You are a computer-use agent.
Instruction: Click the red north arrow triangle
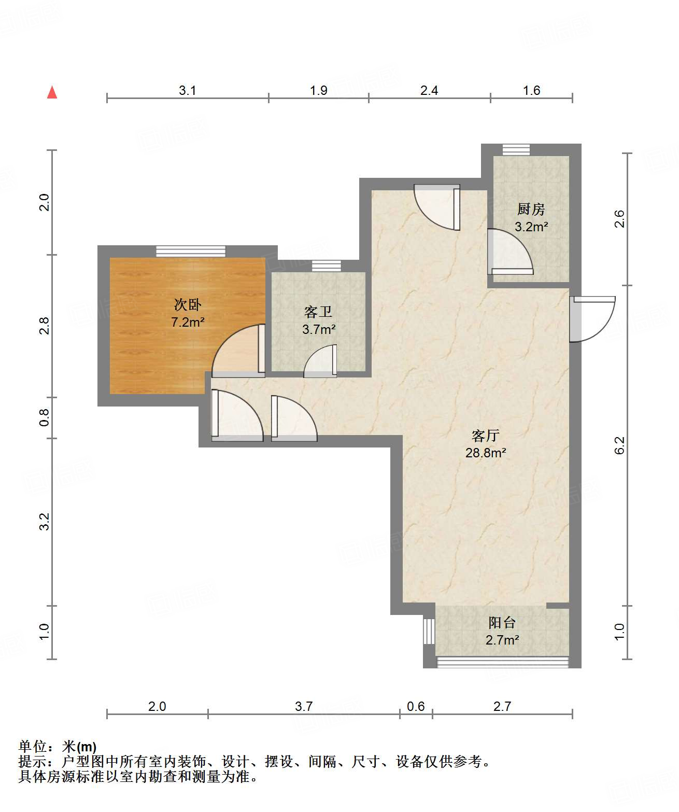(x=52, y=92)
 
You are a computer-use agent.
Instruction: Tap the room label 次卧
(x=187, y=305)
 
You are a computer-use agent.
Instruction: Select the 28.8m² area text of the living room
(x=486, y=453)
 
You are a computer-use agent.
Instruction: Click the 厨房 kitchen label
(x=531, y=209)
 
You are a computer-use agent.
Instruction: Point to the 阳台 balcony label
(x=502, y=623)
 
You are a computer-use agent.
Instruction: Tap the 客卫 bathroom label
(x=318, y=312)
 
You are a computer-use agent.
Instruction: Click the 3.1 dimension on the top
(x=187, y=91)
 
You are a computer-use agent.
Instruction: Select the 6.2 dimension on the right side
(x=619, y=445)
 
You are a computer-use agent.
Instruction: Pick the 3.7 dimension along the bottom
(x=304, y=706)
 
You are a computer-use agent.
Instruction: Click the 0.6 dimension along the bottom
(x=416, y=706)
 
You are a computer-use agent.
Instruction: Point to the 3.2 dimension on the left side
(x=45, y=522)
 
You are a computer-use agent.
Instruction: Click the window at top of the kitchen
(x=516, y=150)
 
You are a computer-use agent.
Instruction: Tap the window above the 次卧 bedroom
(x=190, y=251)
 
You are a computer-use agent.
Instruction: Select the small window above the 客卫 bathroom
(x=326, y=265)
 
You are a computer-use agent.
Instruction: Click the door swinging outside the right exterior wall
(x=591, y=319)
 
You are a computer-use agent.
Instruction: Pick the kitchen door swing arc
(x=510, y=251)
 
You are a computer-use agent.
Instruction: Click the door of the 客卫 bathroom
(x=320, y=361)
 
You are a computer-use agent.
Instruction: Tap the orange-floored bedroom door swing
(x=238, y=351)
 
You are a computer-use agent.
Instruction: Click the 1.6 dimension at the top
(x=531, y=91)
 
